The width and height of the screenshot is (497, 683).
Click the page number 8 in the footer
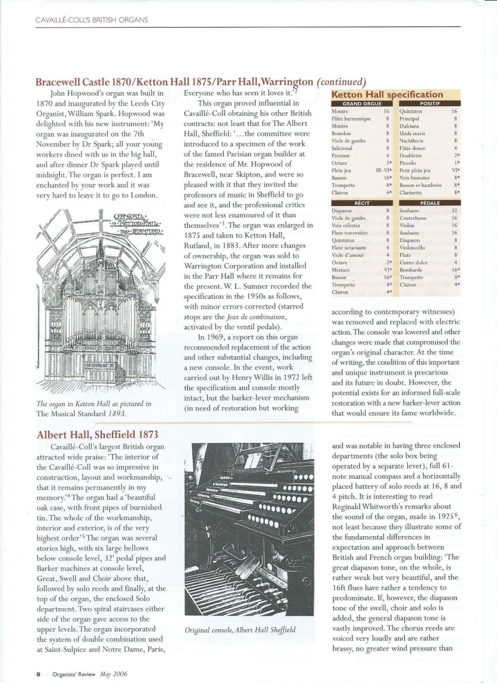pyautogui.click(x=38, y=673)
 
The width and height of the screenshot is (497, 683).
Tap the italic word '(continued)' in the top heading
pyautogui.click(x=342, y=82)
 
